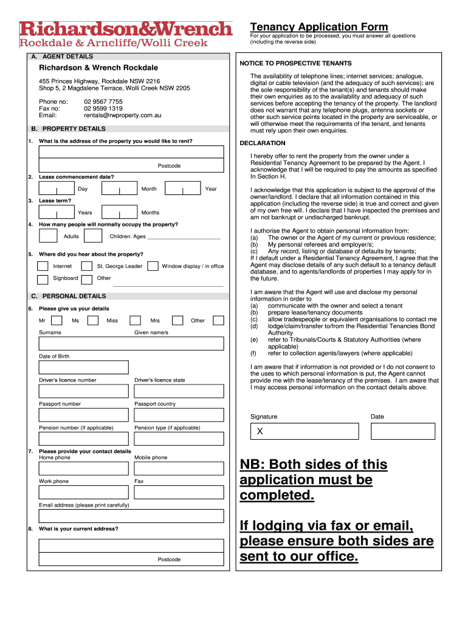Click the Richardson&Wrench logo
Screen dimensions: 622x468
[126, 29]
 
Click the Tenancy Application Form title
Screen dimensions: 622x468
[319, 27]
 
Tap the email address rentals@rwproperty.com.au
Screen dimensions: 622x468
[123, 115]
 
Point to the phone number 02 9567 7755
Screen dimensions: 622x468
[103, 101]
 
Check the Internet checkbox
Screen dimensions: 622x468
[43, 266]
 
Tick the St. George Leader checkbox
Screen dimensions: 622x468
[87, 266]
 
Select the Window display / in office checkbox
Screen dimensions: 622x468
[153, 266]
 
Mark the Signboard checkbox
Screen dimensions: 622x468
[43, 279]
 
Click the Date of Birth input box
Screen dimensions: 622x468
[84, 367]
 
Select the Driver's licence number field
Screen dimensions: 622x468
[84, 391]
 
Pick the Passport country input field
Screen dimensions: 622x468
[179, 415]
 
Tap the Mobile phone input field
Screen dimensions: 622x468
[179, 468]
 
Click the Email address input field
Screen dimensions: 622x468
[131, 516]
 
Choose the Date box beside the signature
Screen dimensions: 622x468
[403, 431]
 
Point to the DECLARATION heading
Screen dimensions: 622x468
[263, 143]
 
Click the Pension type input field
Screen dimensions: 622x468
[179, 439]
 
